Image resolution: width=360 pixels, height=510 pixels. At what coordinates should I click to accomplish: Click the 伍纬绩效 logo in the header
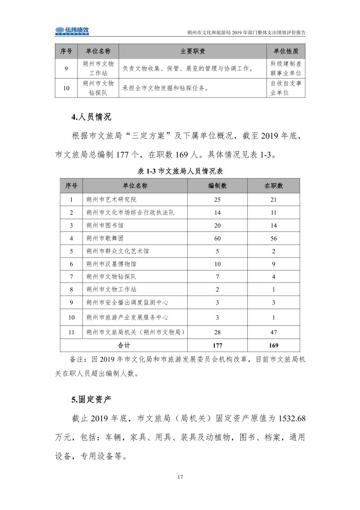[72, 31]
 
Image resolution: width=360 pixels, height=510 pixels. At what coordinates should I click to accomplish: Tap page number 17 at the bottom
[180, 477]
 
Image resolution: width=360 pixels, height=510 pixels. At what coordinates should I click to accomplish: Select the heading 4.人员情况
[91, 117]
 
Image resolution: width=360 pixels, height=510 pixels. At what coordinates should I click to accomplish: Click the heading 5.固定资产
[91, 399]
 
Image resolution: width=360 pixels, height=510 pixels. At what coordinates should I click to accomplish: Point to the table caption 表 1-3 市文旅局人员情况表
[180, 171]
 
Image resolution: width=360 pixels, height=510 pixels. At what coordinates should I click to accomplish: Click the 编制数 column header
[217, 186]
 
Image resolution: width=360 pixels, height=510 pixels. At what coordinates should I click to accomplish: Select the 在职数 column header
[274, 186]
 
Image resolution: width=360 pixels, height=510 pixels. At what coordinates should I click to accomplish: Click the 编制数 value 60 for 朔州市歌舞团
[217, 238]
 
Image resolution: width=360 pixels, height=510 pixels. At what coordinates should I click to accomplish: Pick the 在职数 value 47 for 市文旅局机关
[274, 332]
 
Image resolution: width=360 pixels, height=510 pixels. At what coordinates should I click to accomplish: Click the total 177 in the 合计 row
[217, 345]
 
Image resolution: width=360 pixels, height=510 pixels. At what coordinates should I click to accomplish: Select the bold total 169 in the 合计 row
[274, 345]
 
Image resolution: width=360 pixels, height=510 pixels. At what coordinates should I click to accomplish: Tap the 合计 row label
[124, 345]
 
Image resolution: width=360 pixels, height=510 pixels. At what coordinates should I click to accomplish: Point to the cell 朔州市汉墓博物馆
[112, 264]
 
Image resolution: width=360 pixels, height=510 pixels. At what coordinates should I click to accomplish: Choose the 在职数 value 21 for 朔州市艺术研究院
[274, 200]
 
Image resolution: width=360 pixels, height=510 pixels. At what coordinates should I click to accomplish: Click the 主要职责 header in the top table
[193, 51]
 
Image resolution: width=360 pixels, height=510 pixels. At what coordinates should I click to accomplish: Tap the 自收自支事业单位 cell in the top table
[286, 88]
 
